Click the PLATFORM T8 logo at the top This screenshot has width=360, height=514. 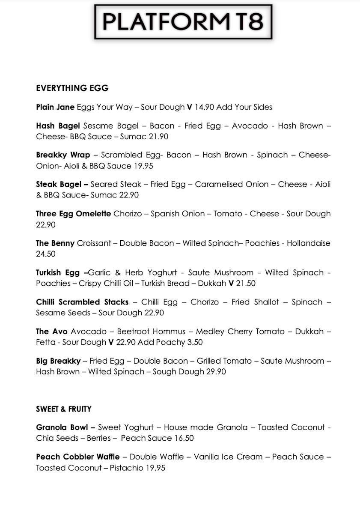coord(183,22)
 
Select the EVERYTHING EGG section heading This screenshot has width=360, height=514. coord(72,88)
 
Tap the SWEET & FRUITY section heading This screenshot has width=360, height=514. coord(63,409)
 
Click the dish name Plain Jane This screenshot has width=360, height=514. coord(55,107)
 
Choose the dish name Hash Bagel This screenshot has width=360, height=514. coord(58,126)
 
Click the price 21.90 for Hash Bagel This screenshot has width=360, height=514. coord(157,137)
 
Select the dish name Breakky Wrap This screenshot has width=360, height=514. coord(63,155)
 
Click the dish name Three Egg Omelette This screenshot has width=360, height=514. coord(73,214)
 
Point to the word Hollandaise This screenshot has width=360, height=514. coord(308,243)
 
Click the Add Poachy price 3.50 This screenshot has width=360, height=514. coord(194,342)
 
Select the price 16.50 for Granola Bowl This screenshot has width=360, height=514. coord(184,438)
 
